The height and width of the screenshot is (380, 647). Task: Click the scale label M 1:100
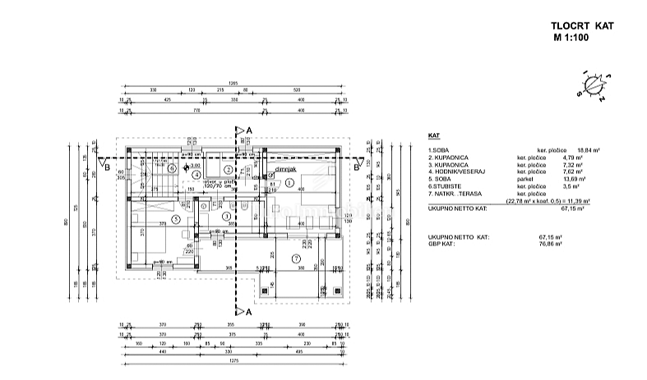coord(575,37)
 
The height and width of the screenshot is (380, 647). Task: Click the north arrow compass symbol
coord(592,85)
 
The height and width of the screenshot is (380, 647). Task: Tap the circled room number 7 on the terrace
coord(296,259)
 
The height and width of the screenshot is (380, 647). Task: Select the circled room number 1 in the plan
coord(289,181)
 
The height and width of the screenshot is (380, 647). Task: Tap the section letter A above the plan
coord(249,130)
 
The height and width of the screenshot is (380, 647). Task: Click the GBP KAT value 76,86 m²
coord(550,244)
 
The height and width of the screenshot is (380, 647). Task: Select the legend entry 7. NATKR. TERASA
coord(457,193)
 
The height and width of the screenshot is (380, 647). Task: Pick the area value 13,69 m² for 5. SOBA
coord(550,179)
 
